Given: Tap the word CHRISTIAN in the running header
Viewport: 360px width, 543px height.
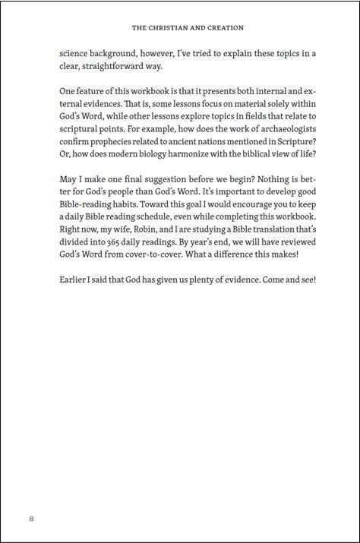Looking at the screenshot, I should (166, 27).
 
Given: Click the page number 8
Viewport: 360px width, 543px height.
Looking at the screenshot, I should (31, 519).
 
